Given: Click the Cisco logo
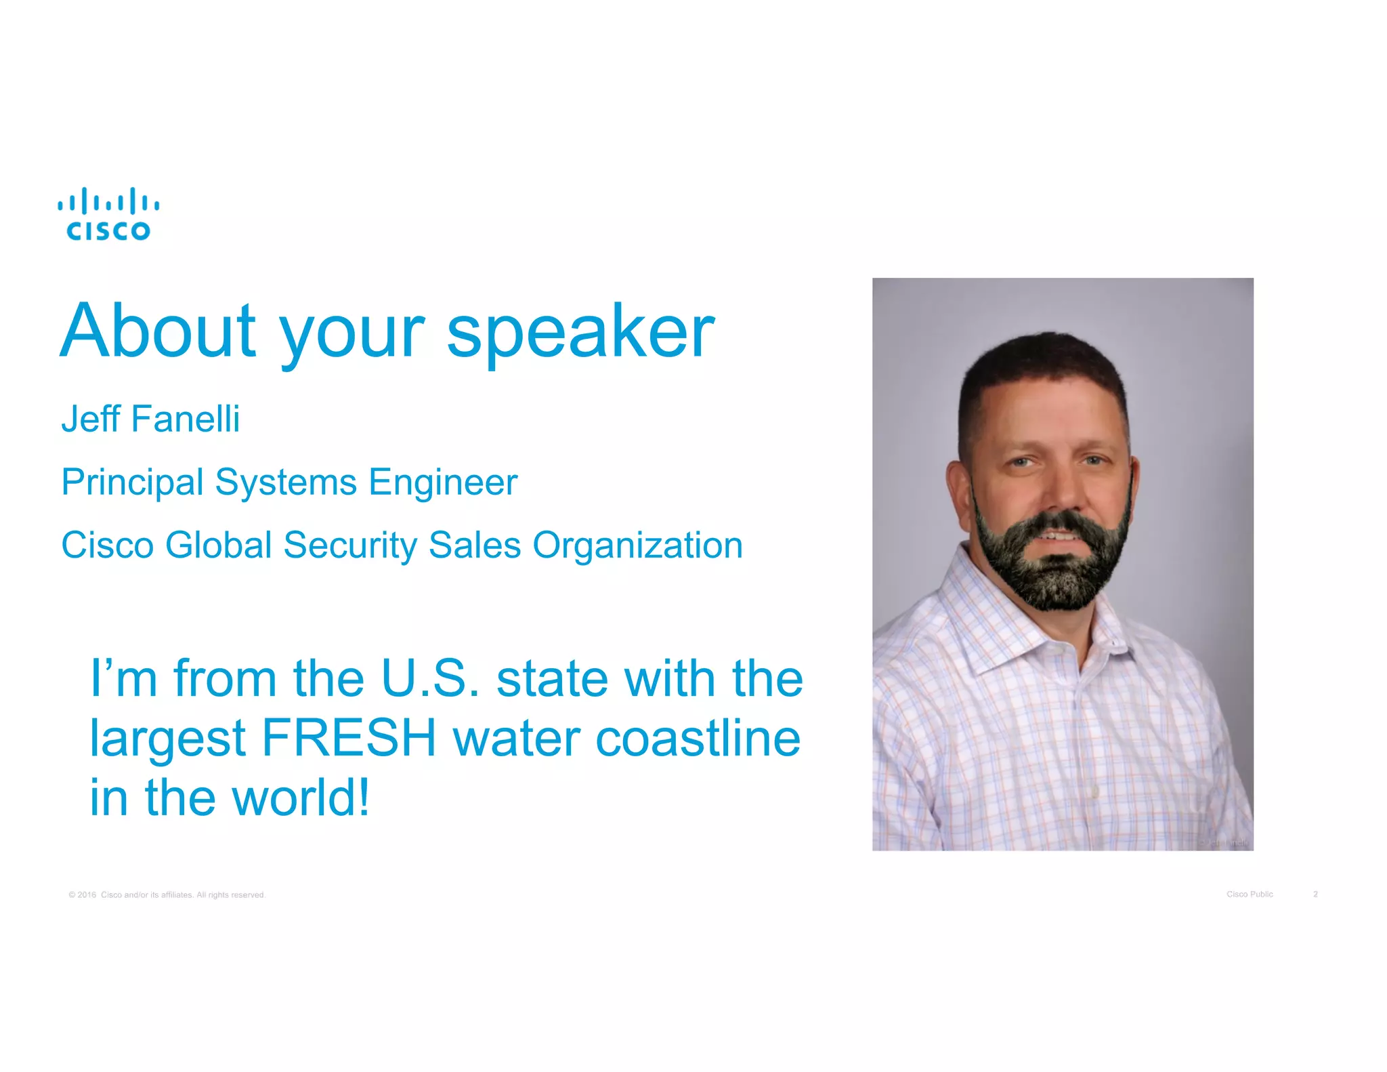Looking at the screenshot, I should coord(108,214).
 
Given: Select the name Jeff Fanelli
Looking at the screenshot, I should coord(150,419).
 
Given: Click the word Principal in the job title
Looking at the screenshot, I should coord(132,482).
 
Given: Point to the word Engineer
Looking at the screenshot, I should coord(443,482).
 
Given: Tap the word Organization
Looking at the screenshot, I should coord(637,545).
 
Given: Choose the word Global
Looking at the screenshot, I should coord(218,545).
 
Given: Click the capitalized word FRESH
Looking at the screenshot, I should coord(349,738).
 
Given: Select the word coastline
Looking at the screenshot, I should coord(698,738).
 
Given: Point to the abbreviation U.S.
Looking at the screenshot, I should coord(430,678).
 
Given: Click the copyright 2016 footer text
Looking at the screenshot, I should coord(167,894).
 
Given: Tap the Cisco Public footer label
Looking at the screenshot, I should coord(1250,894).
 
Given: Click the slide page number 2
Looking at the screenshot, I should coord(1315,894).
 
